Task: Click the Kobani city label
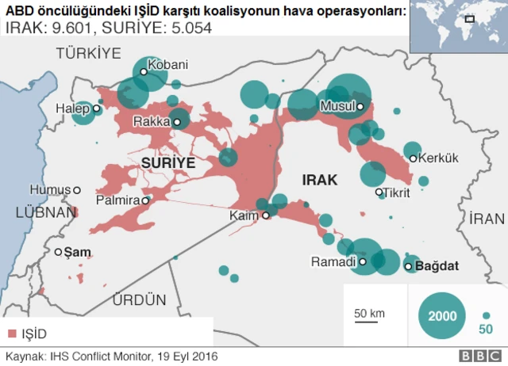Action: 168,64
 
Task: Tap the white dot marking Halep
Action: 96,109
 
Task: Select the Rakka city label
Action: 151,122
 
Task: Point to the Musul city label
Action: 337,106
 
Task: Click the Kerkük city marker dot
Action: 413,158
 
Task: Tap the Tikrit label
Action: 397,192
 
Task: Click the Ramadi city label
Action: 333,261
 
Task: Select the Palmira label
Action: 117,200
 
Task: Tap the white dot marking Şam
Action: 58,252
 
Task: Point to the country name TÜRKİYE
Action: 88,53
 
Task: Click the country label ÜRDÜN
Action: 139,299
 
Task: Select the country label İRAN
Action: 487,219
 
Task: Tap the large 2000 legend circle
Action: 441,315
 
